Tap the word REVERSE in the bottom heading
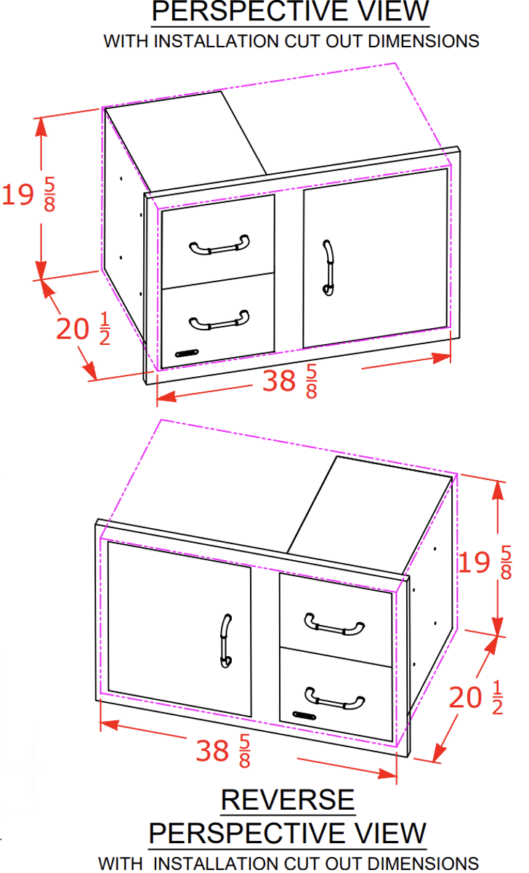coord(288,800)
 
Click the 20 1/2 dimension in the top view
coord(83,330)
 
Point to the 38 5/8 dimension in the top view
coord(289,381)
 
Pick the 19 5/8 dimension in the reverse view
coord(485,562)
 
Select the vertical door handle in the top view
coord(328,268)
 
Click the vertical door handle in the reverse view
coord(226,641)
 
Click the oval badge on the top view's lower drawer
coord(187,354)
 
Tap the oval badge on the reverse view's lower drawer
coord(304,716)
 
